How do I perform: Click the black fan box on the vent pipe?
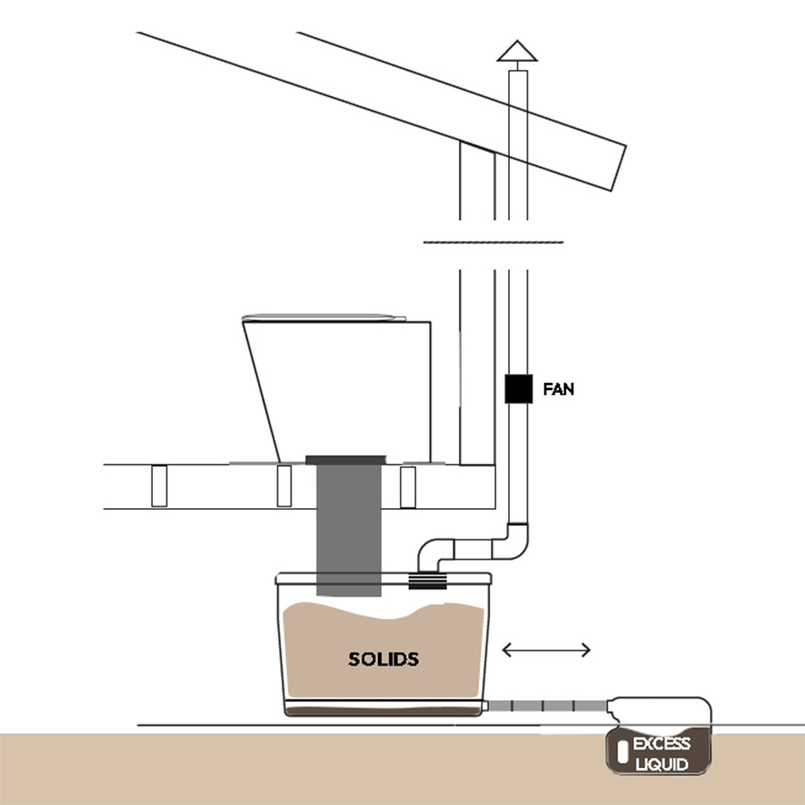point(519,389)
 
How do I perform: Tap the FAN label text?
point(558,389)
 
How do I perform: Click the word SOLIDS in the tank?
point(384,659)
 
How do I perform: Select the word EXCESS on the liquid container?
point(661,743)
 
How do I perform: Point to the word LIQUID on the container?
point(662,765)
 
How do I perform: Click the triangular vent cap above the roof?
point(517,51)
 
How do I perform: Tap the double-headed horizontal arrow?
point(547,650)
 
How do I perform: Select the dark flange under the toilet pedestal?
point(345,460)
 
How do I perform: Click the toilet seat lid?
point(324,318)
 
